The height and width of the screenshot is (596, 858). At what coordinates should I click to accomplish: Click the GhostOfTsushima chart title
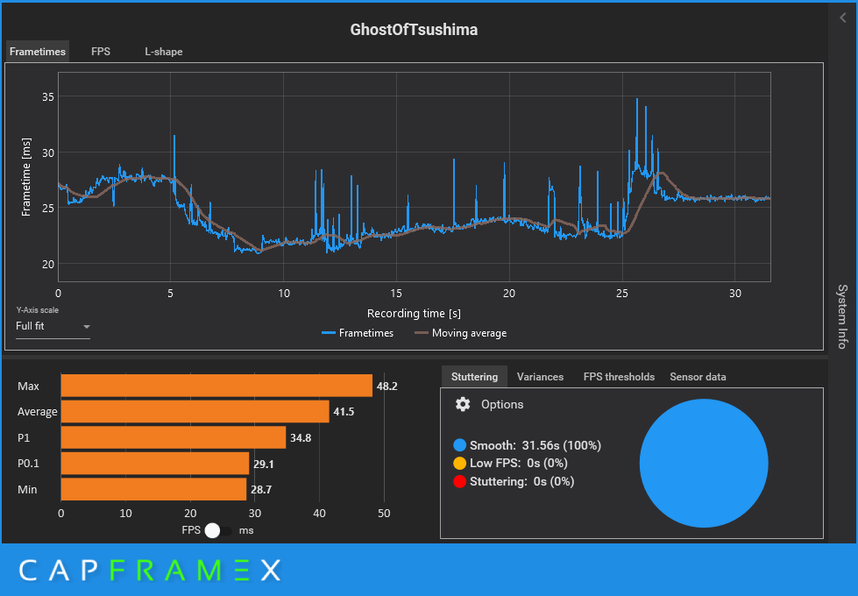(414, 30)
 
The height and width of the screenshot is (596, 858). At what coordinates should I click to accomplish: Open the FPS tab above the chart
(101, 52)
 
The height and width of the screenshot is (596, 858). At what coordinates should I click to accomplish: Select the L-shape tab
(164, 52)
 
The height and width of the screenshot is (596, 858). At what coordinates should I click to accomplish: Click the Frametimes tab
(38, 52)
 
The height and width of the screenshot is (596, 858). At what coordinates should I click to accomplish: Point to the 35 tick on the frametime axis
(48, 96)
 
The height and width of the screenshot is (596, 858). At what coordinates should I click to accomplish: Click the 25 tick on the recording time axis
(622, 292)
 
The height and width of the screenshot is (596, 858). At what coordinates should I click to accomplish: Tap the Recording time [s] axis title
(414, 313)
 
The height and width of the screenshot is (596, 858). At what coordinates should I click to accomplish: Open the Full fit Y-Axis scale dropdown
(53, 327)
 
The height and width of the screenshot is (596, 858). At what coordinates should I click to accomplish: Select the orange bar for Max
(216, 386)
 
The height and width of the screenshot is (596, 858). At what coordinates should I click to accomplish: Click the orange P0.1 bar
(155, 464)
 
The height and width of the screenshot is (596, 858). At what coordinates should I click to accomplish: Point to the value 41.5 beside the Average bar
(344, 412)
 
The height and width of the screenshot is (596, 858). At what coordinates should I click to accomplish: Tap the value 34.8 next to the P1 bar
(301, 438)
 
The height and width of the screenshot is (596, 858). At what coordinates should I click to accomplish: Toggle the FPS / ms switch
(219, 530)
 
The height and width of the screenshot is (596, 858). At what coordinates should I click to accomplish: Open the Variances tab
(540, 377)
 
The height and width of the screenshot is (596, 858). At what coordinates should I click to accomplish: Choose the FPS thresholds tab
(619, 377)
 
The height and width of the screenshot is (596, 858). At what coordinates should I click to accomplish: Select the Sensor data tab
(698, 377)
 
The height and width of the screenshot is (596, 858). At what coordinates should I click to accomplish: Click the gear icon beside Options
(463, 404)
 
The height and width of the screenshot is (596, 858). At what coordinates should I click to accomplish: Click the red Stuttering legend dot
(459, 481)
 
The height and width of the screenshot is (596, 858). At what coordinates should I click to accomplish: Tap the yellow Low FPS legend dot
(459, 464)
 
